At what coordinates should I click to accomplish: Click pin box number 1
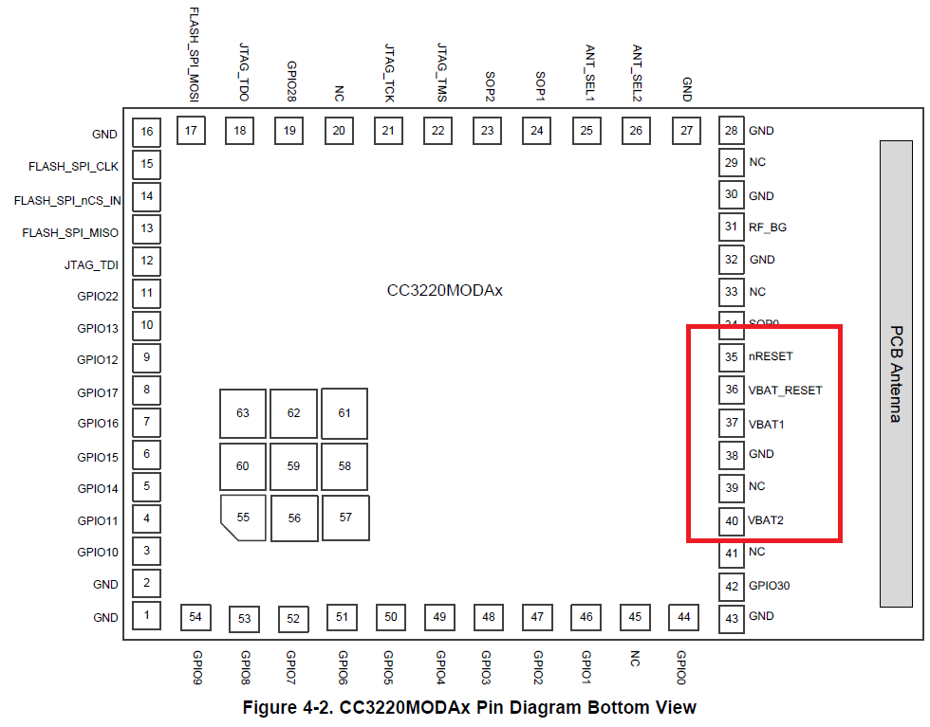(146, 616)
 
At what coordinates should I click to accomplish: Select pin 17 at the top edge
(192, 131)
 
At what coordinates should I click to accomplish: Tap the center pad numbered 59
(293, 465)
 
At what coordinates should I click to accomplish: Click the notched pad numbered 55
(243, 517)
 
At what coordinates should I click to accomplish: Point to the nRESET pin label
(771, 356)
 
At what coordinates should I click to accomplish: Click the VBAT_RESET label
(785, 390)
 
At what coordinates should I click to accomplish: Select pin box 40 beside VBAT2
(731, 520)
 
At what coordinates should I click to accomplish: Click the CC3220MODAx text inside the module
(444, 290)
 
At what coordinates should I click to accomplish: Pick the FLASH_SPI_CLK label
(74, 167)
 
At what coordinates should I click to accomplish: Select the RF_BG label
(767, 227)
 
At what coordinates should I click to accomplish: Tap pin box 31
(731, 227)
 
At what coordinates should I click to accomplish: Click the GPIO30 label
(769, 586)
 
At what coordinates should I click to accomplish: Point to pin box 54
(195, 617)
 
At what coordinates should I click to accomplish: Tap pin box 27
(686, 131)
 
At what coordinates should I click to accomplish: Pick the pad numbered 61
(344, 412)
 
